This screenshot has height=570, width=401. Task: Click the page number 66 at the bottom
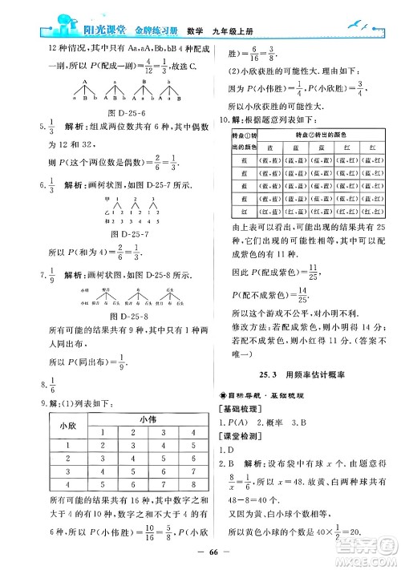point(200,553)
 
